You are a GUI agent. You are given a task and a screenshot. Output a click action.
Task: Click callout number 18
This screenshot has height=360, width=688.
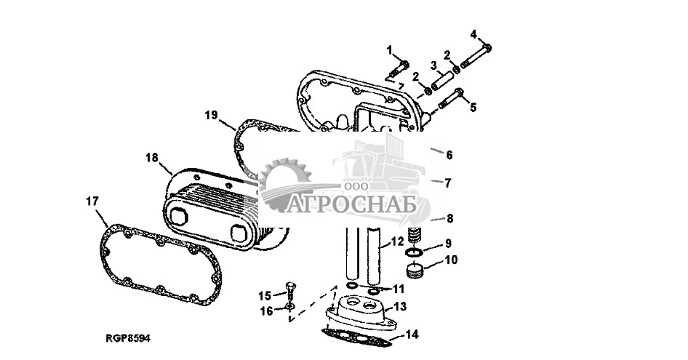point(152,158)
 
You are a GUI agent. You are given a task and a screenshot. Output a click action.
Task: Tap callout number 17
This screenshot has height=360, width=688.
point(92,201)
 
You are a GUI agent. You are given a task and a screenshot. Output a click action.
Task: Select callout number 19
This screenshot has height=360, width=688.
point(211,115)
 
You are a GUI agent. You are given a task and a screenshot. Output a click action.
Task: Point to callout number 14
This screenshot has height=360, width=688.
point(412,335)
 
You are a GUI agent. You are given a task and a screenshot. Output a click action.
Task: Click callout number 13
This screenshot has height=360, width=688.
point(400,306)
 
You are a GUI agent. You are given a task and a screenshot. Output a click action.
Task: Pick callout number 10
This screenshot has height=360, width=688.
point(451,260)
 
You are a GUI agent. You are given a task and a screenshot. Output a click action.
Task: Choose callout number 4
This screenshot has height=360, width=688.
point(473,34)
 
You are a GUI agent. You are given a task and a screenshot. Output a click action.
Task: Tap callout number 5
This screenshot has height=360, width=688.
point(473,107)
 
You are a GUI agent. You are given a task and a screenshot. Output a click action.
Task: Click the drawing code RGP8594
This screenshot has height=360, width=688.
point(128,338)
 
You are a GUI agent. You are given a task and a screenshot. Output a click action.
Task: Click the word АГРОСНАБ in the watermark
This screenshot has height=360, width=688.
point(351,205)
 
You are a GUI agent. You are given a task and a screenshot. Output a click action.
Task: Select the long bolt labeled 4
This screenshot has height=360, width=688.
point(475,57)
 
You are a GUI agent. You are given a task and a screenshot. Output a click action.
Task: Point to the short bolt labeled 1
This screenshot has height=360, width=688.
point(399,68)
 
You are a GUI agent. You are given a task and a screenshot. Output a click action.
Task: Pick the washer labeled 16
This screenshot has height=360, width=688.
point(289,305)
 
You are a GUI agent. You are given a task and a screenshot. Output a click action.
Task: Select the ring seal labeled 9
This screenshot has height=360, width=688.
point(414,252)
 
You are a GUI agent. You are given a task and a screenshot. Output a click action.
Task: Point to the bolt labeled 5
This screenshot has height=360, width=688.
point(451,99)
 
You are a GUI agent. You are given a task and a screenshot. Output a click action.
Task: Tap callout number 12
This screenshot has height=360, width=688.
point(397,241)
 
